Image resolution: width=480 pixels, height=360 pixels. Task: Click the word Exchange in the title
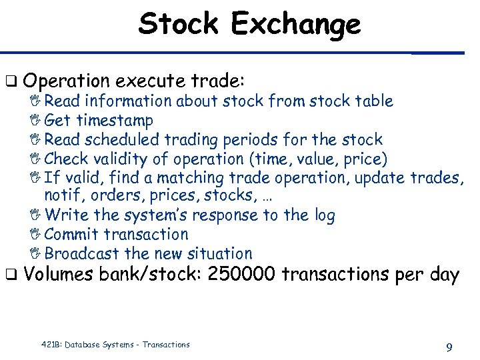pyautogui.click(x=295, y=25)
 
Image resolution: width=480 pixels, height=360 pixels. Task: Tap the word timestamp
pyautogui.click(x=115, y=121)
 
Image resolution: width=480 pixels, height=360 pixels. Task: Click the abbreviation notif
pyautogui.click(x=61, y=196)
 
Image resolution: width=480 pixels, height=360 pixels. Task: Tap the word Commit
pyautogui.click(x=70, y=235)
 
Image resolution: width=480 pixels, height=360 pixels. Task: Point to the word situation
pyautogui.click(x=219, y=254)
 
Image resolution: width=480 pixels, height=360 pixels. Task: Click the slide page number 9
pyautogui.click(x=449, y=347)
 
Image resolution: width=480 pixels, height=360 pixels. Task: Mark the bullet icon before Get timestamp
pyautogui.click(x=37, y=121)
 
